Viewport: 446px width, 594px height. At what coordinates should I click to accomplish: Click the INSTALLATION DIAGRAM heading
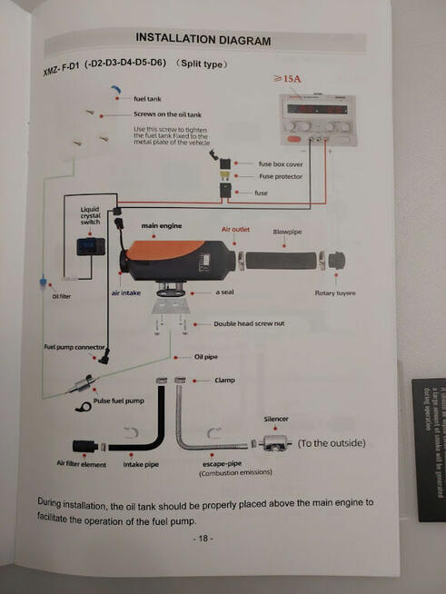coord(203,40)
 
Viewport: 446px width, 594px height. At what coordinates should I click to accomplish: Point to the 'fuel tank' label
coord(148,98)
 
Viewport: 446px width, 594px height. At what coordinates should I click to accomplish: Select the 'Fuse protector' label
coord(281,177)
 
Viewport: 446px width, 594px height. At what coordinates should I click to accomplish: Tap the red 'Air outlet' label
coord(234,231)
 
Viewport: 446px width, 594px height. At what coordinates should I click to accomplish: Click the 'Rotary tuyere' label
coord(334,293)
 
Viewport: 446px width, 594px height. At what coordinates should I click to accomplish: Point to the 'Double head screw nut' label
coord(250,323)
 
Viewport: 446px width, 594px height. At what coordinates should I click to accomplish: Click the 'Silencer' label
coord(276,419)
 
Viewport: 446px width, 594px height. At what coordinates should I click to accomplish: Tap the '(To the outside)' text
coord(332,443)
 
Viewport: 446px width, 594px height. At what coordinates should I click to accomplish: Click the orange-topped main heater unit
coord(173,259)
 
